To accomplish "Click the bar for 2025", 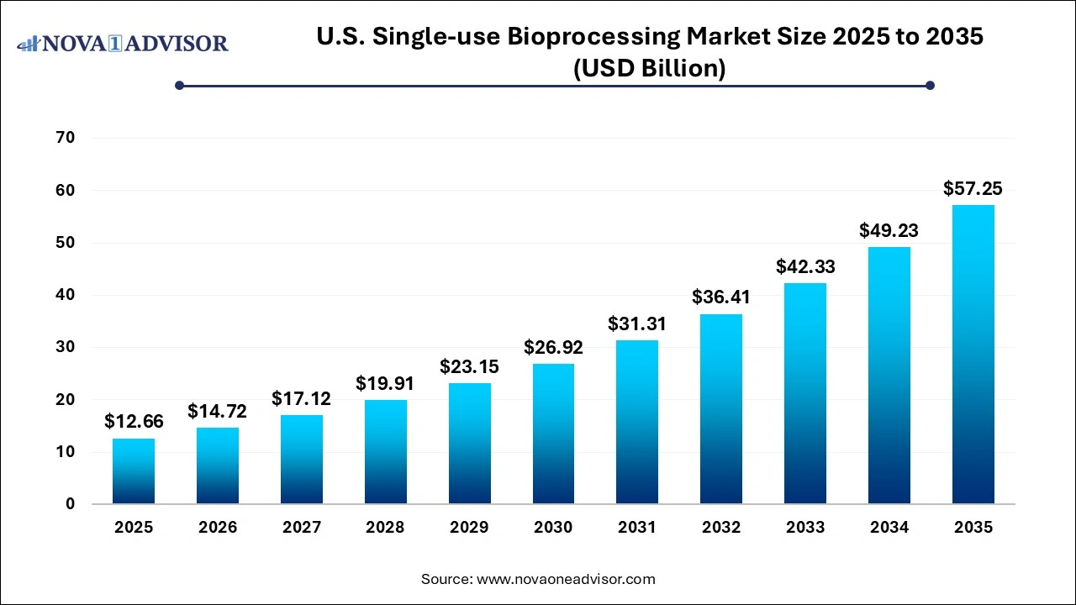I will coord(134,471).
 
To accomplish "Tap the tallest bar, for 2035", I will coord(973,355).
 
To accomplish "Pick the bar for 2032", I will coord(721,409).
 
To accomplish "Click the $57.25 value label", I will coord(973,189).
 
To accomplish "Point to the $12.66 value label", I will coord(134,422).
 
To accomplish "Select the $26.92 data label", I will coord(553,347).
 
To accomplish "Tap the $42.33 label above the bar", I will coord(805,266).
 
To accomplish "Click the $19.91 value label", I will coord(385,384).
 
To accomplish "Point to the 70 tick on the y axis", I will coord(66,138).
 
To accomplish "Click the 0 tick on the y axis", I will coord(71,504).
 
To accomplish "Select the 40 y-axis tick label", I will coord(66,295).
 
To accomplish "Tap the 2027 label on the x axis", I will coord(302,528).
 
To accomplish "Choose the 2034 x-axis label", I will coord(889,528).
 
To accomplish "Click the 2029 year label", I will coord(469,528).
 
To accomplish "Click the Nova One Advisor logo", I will coord(123,43).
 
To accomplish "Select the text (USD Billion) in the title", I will coord(649,68).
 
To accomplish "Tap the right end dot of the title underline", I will coord(930,85).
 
